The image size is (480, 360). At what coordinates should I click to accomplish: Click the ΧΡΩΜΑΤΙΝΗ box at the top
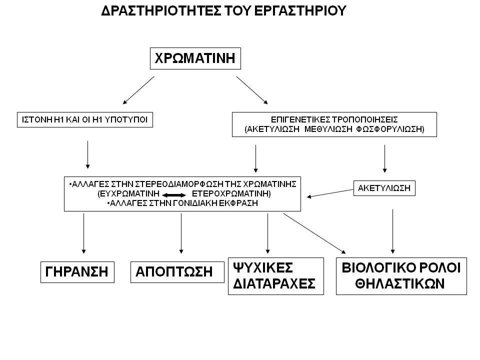tap(195, 58)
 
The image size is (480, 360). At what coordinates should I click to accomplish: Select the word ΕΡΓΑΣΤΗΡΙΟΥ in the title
tap(300, 10)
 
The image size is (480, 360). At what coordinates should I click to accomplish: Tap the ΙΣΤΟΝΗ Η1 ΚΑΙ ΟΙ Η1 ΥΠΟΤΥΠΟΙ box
tap(85, 119)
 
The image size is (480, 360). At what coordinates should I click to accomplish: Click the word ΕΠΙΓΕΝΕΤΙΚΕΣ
tap(300, 119)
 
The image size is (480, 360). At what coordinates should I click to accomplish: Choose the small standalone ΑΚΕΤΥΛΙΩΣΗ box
tap(384, 188)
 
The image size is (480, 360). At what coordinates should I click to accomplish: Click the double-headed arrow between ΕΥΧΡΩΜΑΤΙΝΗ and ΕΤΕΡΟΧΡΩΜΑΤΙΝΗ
tap(174, 195)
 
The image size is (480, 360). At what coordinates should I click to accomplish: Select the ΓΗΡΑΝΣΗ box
tap(77, 272)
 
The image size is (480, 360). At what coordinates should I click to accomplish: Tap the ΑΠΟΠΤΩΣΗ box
tap(177, 272)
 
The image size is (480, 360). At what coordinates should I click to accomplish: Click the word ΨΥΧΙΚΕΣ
tap(263, 267)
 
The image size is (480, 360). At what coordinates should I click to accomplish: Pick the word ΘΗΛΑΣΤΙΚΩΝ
tap(400, 283)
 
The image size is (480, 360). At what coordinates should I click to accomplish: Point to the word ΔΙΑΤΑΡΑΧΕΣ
tap(274, 283)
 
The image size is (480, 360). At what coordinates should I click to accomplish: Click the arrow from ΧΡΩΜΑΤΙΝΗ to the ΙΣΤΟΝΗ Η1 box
tap(138, 90)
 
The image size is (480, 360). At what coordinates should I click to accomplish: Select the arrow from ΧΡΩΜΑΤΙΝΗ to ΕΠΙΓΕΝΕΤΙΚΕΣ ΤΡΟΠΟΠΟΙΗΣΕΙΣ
tap(252, 90)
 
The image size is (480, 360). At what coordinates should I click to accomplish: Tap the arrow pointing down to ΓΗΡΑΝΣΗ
tap(83, 233)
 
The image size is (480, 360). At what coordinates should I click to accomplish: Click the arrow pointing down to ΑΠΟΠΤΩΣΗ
tap(181, 233)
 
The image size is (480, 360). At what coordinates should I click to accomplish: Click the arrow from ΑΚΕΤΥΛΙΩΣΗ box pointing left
tap(330, 193)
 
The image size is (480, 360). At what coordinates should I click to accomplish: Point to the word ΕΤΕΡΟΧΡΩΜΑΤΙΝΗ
tap(231, 194)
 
